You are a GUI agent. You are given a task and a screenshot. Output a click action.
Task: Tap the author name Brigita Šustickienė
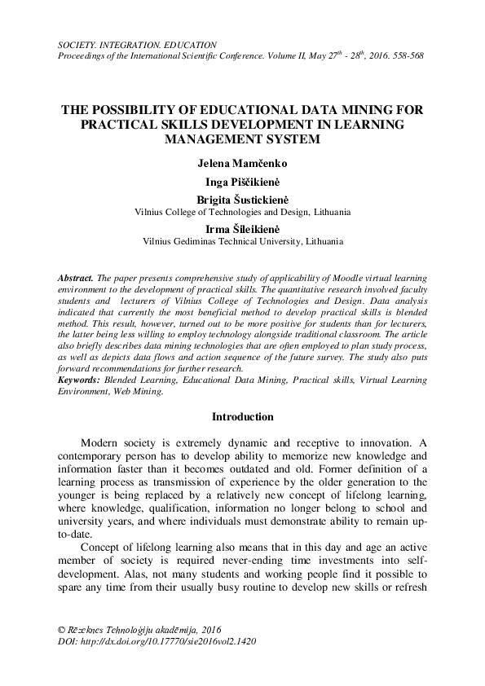pos(242,200)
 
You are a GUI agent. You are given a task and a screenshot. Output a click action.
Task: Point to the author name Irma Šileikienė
pos(242,230)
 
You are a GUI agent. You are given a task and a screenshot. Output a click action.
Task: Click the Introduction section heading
pos(242,417)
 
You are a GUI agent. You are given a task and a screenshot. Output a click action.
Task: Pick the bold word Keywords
pos(80,380)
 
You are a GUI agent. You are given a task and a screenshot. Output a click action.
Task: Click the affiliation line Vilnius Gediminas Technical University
pos(242,242)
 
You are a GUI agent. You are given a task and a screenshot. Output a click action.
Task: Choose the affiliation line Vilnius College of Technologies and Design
pos(242,211)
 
